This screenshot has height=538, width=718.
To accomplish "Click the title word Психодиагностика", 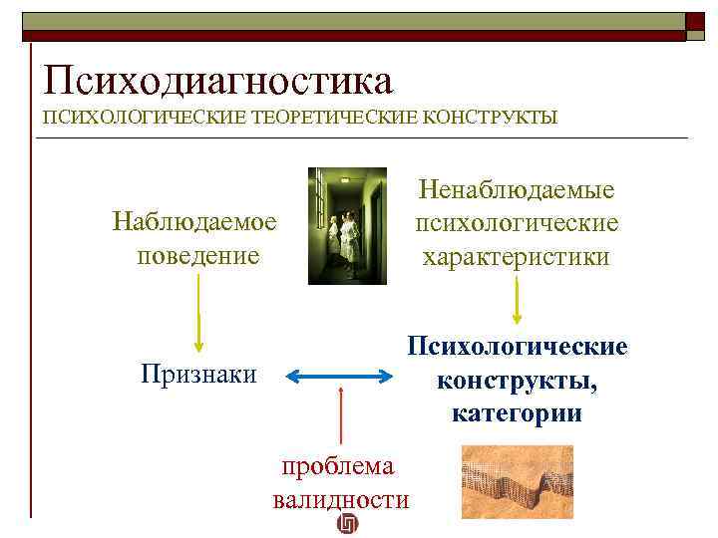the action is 217,80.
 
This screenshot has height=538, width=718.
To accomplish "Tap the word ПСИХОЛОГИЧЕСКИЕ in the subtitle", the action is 142,118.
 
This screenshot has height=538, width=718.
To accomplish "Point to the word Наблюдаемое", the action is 195,219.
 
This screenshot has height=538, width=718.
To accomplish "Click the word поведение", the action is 196,255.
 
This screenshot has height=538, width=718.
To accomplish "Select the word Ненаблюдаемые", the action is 518,189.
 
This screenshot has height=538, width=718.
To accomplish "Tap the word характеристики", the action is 518,257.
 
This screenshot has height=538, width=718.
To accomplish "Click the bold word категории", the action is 517,412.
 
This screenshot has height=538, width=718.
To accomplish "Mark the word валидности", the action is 340,499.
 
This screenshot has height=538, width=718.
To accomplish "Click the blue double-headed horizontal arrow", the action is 341,376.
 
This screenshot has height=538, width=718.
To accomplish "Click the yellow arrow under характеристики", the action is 517,299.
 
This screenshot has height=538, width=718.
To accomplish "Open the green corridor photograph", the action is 345,225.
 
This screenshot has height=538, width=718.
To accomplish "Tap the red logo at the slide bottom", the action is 348,525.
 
